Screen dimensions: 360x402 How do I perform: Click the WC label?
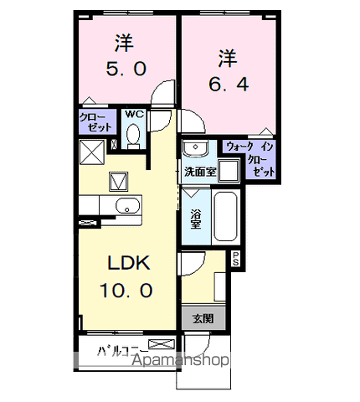click(x=134, y=114)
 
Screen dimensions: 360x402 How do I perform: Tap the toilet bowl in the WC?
click(x=133, y=137)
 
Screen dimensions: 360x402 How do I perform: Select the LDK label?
click(x=129, y=263)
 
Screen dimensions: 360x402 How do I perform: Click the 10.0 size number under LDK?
click(x=126, y=290)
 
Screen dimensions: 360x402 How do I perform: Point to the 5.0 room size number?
click(x=126, y=69)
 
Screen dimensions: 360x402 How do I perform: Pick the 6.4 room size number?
click(x=229, y=84)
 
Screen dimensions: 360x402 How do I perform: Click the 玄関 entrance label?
click(x=203, y=318)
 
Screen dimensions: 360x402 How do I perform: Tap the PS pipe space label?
click(x=236, y=259)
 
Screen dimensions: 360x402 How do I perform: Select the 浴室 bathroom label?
click(x=196, y=219)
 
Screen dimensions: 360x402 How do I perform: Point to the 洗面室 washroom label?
click(x=200, y=172)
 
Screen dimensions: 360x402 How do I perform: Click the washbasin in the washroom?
click(x=195, y=147)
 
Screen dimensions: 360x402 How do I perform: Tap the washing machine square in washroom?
click(x=229, y=171)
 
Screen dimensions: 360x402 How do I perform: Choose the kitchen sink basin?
click(x=127, y=206)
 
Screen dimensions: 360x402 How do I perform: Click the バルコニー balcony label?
click(x=122, y=351)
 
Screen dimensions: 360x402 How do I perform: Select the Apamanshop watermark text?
click(x=180, y=360)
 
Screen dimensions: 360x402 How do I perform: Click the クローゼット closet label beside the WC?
click(x=95, y=122)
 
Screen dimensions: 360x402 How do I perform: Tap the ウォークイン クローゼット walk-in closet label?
click(x=250, y=159)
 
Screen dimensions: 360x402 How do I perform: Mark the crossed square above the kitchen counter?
click(x=92, y=152)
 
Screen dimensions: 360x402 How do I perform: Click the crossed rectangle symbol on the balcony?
click(x=162, y=344)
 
